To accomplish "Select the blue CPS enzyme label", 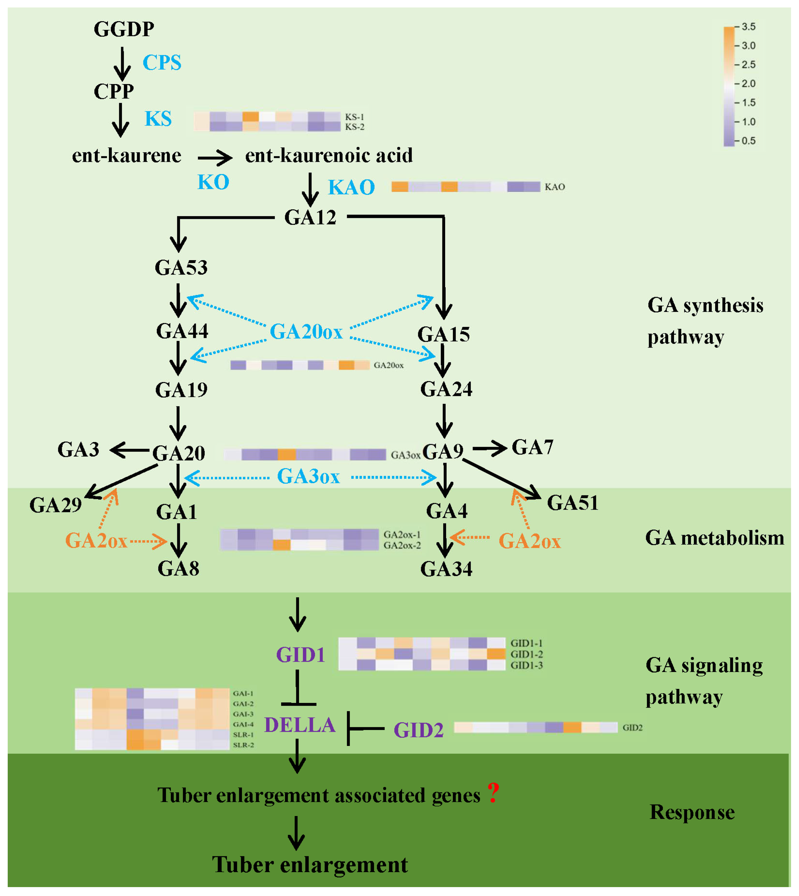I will pos(162,62).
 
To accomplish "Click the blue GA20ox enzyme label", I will pos(306,331).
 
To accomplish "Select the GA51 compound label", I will pos(573,503).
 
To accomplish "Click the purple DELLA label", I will pos(300,725).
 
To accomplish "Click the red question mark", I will pos(494,793).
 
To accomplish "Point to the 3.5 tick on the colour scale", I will pos(748,27).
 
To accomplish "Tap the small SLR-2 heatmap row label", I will pos(243,745).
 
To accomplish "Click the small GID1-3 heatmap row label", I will pos(526,665).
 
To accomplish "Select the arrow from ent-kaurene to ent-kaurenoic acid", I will pos(215,157).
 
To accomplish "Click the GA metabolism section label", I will pos(714,538).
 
